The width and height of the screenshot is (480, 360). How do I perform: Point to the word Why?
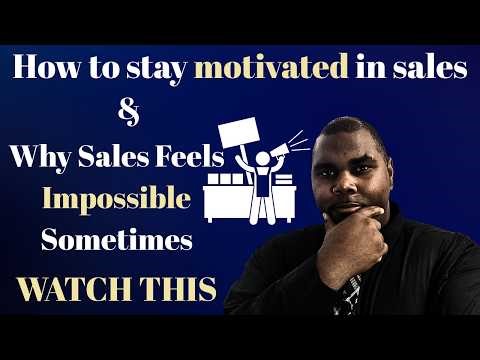coord(38,158)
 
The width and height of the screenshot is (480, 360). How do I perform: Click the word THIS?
coord(180,288)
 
